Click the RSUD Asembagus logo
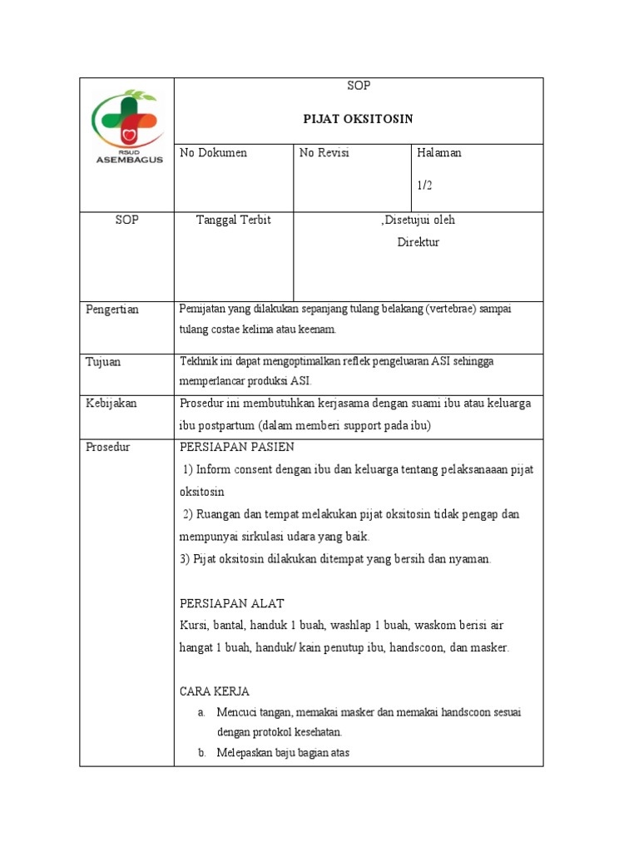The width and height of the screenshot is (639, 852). coord(126,126)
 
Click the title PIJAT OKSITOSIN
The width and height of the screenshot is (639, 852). coord(358,119)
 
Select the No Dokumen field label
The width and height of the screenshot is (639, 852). coord(214,153)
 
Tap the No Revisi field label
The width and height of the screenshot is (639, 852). coord(324,153)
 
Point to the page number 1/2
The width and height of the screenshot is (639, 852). coord(425,186)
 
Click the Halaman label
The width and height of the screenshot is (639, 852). coord(439,153)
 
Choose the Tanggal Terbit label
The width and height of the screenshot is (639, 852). coord(233,220)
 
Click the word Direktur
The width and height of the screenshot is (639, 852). coord(418,243)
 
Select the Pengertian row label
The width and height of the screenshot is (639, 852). coord(112,310)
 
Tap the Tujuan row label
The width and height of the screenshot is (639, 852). coord(104,362)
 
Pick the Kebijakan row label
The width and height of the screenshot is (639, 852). coord(111,404)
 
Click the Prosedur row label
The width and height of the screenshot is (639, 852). coord(108,447)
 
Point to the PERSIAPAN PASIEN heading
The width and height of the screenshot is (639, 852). coord(237,447)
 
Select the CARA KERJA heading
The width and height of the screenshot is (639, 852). coord(215,691)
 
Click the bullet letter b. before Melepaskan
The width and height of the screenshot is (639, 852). coord(201,753)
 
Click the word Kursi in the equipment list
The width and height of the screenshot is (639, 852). coord(194,625)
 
